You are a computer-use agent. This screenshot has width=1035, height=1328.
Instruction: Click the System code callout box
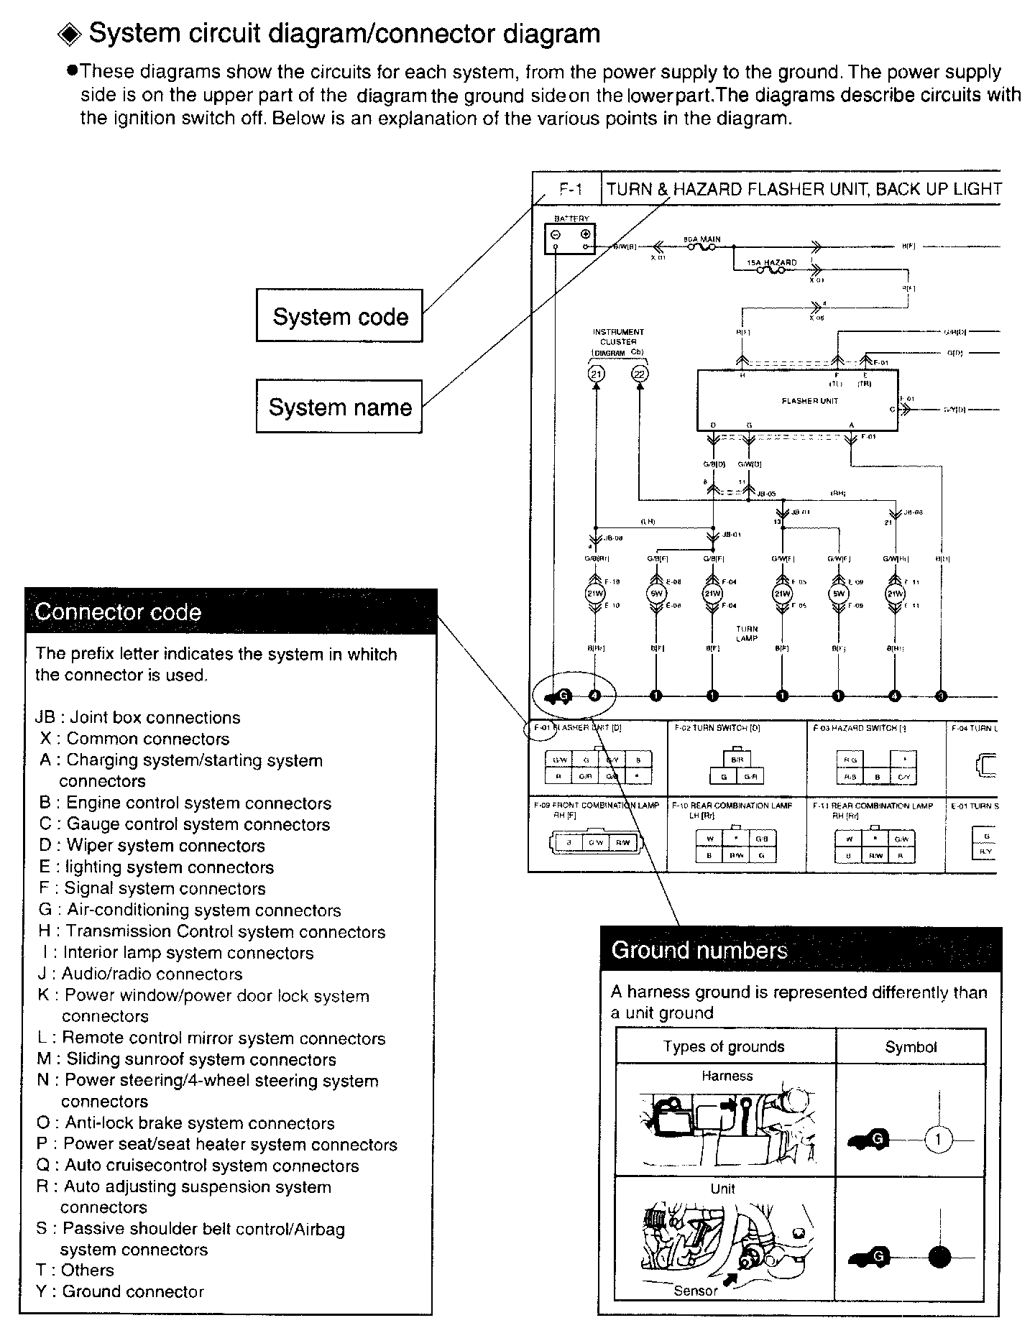(339, 316)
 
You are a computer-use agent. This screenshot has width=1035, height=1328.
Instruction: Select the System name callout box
(339, 407)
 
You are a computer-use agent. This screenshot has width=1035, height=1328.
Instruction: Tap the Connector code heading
(119, 612)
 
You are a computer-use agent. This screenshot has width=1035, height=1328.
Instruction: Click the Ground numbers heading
(699, 950)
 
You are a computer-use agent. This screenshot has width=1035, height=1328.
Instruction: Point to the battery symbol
(571, 238)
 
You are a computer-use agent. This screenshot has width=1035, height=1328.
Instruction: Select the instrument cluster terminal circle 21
(596, 373)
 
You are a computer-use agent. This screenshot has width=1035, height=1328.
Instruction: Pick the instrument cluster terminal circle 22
(639, 373)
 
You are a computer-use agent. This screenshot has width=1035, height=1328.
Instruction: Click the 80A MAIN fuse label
(701, 239)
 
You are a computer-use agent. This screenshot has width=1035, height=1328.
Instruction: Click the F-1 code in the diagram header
(570, 190)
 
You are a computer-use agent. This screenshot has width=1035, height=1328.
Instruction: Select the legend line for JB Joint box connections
(137, 717)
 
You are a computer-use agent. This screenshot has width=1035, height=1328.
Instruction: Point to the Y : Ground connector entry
(120, 1291)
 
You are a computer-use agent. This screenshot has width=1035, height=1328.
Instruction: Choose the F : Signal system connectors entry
(152, 888)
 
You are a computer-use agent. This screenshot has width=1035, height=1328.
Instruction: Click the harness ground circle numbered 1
(937, 1140)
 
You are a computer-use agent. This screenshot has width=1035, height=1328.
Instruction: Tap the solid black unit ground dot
(939, 1257)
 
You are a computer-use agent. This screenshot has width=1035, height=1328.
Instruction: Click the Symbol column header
(911, 1047)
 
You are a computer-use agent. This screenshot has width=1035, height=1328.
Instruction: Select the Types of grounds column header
(724, 1047)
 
